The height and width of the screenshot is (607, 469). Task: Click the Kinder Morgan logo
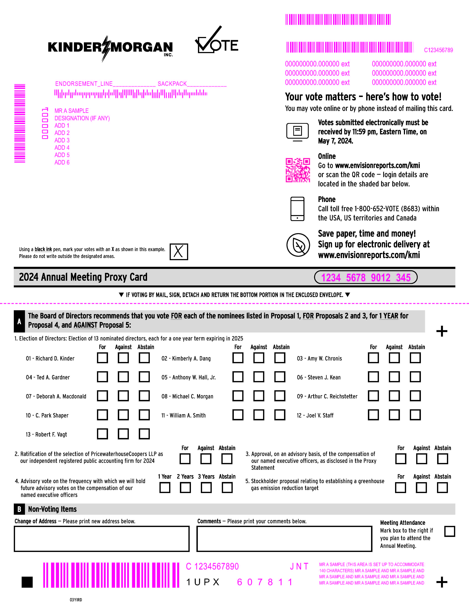pyautogui.click(x=110, y=48)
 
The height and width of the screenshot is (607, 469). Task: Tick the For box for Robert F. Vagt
pyautogui.click(x=102, y=434)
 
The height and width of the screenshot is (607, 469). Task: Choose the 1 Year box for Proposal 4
pyautogui.click(x=165, y=488)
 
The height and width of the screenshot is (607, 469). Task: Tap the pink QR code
pyautogui.click(x=298, y=170)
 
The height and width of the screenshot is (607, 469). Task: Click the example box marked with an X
pyautogui.click(x=179, y=252)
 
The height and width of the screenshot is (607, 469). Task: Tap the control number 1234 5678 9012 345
pyautogui.click(x=366, y=277)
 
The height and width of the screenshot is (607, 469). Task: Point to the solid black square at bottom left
pyautogui.click(x=27, y=582)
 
